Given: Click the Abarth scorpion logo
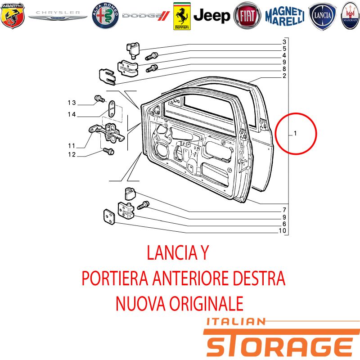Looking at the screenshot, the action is (13, 16).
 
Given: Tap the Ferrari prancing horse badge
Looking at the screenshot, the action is (182, 16).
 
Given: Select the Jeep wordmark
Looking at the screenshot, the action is (211, 16).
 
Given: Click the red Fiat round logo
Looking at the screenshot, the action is (247, 16).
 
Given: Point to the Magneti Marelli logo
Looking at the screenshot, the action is (285, 16).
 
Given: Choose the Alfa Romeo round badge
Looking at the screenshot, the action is (105, 16).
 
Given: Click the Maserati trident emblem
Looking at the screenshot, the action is (351, 16).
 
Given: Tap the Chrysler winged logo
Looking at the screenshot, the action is (58, 16).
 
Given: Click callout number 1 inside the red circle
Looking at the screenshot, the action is (295, 133).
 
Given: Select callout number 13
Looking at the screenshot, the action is (72, 103).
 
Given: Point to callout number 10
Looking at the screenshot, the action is (283, 230).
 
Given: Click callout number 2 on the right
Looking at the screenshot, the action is (284, 76).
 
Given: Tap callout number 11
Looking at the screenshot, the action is (72, 146).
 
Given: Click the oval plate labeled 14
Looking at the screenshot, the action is (112, 108).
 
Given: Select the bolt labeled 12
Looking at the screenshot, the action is (108, 151).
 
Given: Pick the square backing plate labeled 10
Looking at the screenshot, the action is (109, 217).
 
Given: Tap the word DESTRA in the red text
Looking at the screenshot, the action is (259, 278).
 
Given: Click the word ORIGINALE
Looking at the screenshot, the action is (207, 303).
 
